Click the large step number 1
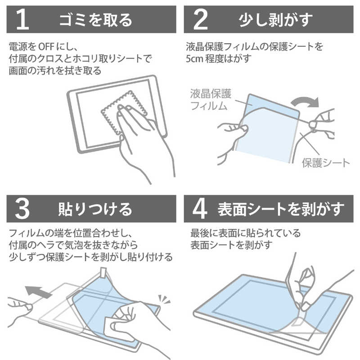click(23, 19)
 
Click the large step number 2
click(200, 19)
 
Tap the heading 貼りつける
click(95, 208)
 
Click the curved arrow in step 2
click(304, 99)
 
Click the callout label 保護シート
click(326, 163)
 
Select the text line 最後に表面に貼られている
click(245, 234)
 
